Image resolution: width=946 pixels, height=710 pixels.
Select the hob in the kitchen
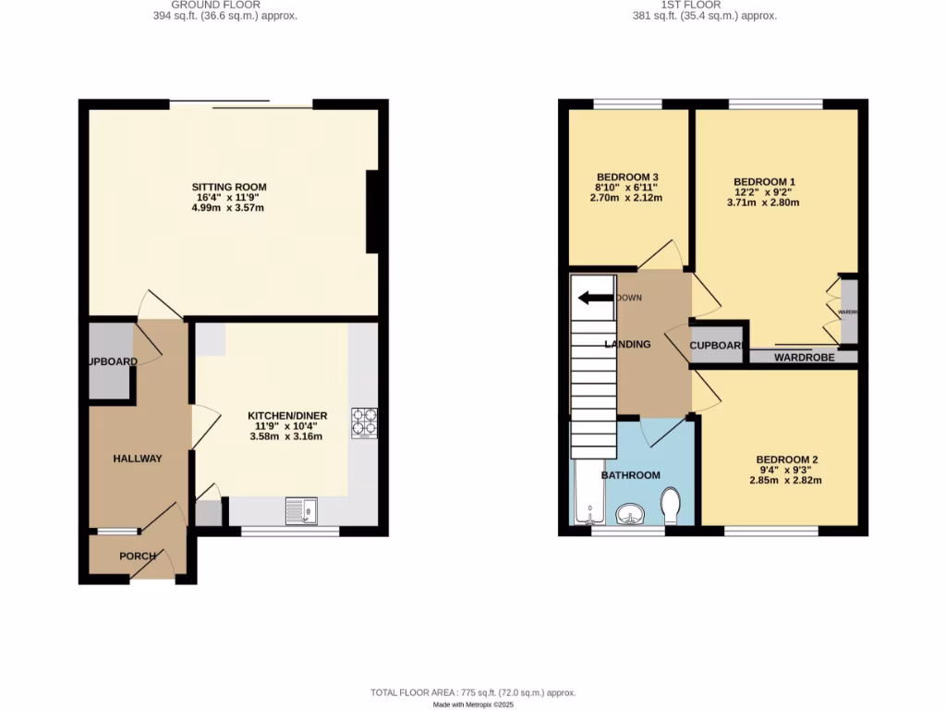(364, 422)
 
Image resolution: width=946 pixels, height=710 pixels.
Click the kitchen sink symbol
(301, 510)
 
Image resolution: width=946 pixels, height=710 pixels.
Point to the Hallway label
(138, 459)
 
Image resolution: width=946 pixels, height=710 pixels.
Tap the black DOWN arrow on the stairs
(595, 298)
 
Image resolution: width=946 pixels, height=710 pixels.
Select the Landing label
(627, 344)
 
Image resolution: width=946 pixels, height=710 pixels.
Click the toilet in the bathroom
(672, 506)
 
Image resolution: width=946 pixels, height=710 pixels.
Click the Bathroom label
(631, 475)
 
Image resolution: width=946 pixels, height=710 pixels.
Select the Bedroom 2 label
(786, 459)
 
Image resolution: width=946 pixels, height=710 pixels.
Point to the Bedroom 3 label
(627, 177)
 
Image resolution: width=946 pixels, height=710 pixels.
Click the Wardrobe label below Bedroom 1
(804, 357)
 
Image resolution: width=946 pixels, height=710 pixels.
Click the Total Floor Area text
(472, 692)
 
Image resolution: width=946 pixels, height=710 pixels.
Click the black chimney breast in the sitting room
(372, 211)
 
